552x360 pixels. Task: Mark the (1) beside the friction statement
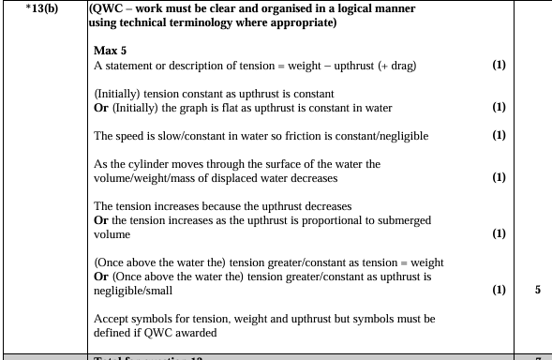pos(499,136)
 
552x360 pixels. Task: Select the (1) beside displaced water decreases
pos(499,176)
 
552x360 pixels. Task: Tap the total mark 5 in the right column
pos(537,290)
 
